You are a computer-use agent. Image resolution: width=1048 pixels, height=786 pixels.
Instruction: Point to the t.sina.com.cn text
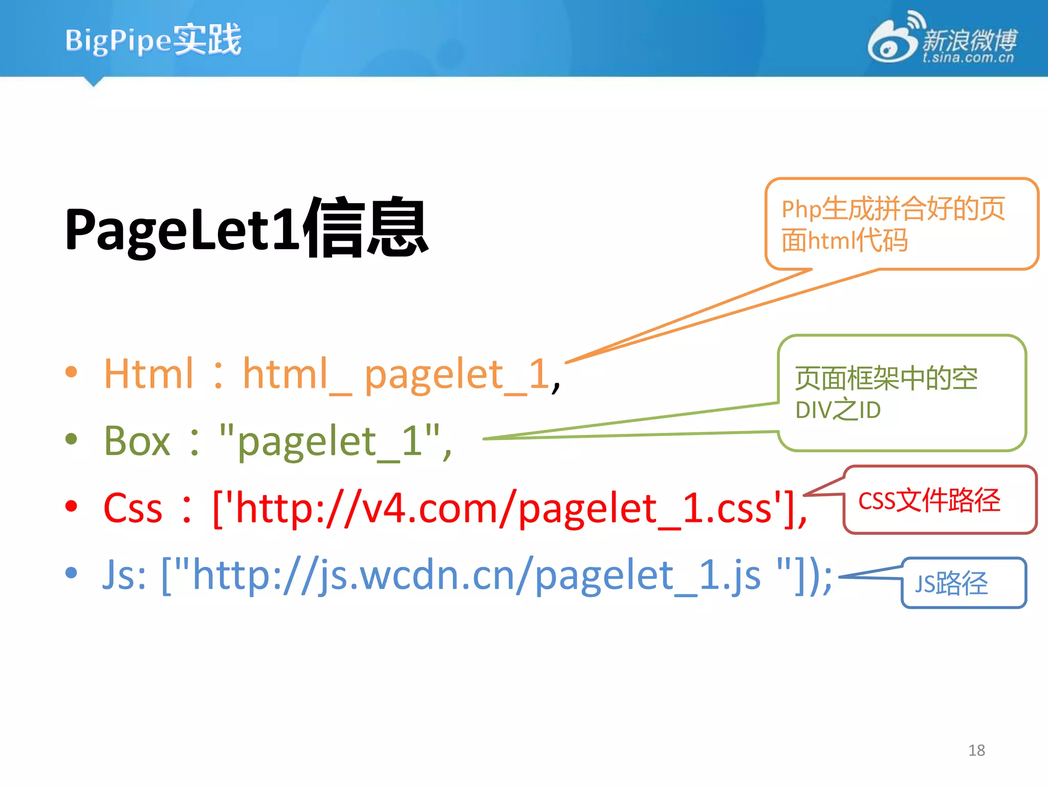coord(968,58)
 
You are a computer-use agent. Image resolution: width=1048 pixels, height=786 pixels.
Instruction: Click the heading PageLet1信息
coord(246,228)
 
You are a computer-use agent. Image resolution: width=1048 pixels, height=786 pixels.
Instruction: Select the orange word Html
coord(149,374)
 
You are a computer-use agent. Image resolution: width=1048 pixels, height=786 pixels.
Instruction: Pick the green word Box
coord(137,441)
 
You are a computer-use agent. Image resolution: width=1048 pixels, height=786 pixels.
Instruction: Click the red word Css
coord(133,508)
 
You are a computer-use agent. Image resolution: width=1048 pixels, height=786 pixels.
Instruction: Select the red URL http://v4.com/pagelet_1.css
coord(504,508)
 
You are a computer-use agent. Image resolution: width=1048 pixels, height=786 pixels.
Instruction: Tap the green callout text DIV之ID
coord(838,410)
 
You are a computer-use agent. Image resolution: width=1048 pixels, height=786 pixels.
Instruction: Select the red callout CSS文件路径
coord(929,500)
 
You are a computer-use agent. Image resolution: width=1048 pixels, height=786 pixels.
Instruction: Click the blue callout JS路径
coord(952,583)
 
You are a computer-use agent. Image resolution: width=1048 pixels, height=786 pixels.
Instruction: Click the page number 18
coord(976,750)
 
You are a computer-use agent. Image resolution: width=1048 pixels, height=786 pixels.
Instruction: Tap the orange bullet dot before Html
coord(72,372)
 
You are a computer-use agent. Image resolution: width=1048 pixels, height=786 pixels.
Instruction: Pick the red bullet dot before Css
coord(72,506)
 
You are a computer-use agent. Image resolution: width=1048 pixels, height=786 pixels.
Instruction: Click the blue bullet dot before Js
coord(72,573)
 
